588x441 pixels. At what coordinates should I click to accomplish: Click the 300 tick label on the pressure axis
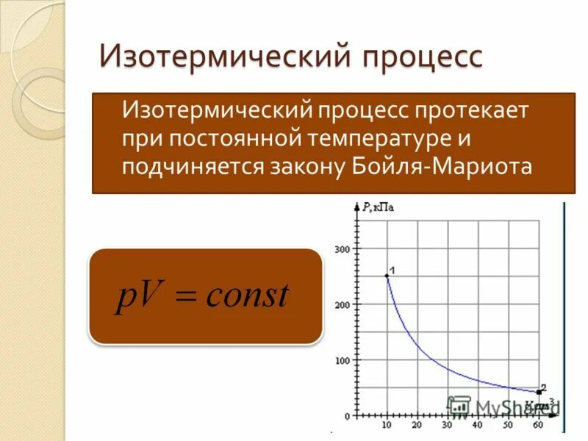click(x=343, y=249)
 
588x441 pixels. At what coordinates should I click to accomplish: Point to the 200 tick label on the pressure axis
click(x=343, y=305)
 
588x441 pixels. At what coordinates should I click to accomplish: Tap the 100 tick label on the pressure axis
click(x=343, y=361)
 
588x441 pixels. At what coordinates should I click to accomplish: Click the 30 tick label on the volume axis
click(x=447, y=426)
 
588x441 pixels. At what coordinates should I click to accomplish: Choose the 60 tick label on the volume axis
click(x=539, y=426)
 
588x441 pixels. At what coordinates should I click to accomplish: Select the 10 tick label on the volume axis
click(x=387, y=426)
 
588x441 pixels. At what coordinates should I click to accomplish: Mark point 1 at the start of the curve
click(x=387, y=276)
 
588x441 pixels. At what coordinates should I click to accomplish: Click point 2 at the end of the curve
click(x=539, y=392)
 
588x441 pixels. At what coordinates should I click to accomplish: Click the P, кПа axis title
click(x=378, y=208)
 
